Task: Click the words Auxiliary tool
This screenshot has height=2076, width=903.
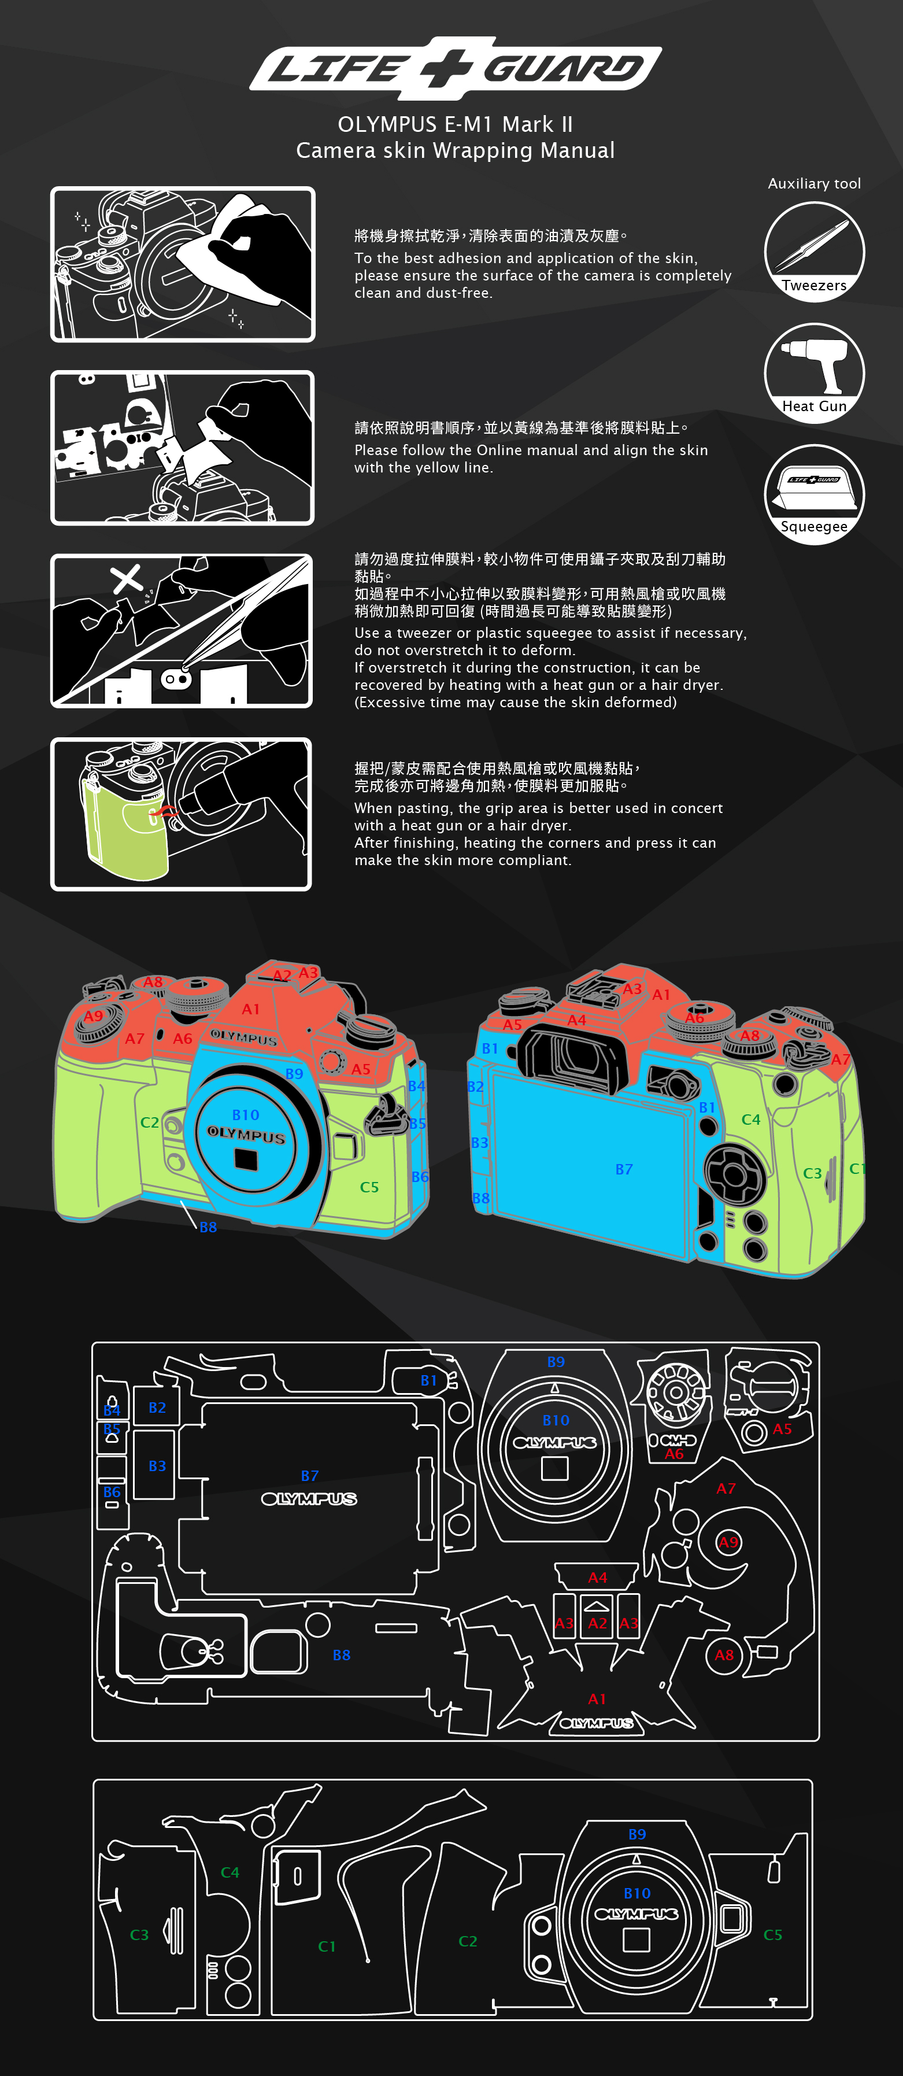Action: click(815, 184)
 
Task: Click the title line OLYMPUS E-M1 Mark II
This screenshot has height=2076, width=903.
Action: click(455, 124)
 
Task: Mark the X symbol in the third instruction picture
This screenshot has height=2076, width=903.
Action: click(127, 578)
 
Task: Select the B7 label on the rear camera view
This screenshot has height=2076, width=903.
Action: click(624, 1169)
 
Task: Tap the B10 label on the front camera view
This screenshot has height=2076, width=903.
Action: click(246, 1114)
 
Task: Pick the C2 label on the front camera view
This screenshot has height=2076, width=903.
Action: click(150, 1122)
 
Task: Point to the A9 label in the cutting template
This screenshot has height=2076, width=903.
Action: click(728, 1542)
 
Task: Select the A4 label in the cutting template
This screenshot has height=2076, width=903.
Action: click(598, 1577)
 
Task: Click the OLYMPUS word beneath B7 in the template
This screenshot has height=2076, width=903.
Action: click(309, 1498)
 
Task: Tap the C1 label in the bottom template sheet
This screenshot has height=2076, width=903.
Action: click(326, 1946)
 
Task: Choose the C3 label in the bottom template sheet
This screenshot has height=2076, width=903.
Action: click(139, 1934)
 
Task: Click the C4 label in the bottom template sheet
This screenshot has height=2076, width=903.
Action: click(230, 1872)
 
